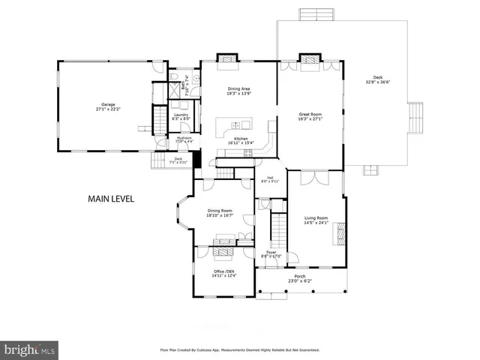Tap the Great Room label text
click(310, 113)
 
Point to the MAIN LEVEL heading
click(111, 199)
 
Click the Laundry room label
click(181, 114)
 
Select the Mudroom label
click(184, 137)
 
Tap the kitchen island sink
click(238, 125)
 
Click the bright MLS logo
click(29, 349)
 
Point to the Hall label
click(269, 178)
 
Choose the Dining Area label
click(238, 89)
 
